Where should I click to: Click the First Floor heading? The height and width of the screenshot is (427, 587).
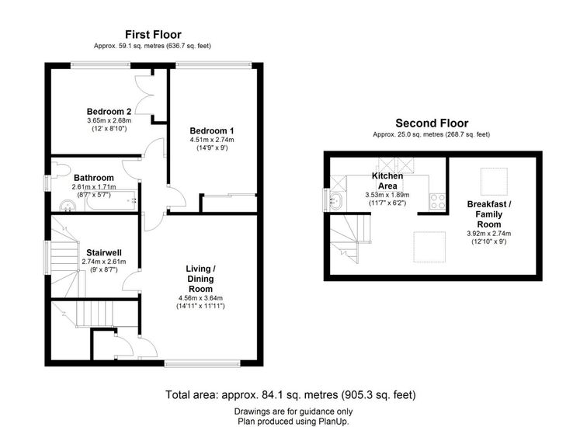[x=153, y=35]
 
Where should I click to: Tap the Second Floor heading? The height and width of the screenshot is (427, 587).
[x=432, y=123]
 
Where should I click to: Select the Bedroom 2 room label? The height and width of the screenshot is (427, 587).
[x=109, y=112]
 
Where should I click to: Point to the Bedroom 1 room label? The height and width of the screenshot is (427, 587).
[x=212, y=131]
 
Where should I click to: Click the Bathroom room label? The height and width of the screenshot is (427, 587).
[x=94, y=178]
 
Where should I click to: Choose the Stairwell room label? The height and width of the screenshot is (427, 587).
[x=104, y=252]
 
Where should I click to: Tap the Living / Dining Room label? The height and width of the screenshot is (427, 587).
[x=200, y=279]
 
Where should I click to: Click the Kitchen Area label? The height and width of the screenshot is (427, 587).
[x=387, y=181]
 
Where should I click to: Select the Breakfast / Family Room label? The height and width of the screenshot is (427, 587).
[x=489, y=214]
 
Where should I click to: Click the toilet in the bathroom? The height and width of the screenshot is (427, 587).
[x=60, y=169]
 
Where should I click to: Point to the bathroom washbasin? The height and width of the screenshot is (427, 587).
[x=68, y=206]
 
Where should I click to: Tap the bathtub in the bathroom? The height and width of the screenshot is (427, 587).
[x=111, y=201]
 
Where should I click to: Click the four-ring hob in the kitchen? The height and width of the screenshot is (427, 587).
[x=437, y=201]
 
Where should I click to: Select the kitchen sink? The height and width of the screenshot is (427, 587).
[x=337, y=200]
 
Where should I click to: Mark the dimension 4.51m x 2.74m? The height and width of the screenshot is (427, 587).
[x=212, y=140]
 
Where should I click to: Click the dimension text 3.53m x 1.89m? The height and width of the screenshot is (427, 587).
[x=387, y=195]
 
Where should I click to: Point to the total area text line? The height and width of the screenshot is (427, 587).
[x=291, y=395]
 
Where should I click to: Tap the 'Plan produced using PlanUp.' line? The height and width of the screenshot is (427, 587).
[x=293, y=421]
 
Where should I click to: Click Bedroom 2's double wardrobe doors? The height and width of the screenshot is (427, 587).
[x=145, y=95]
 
